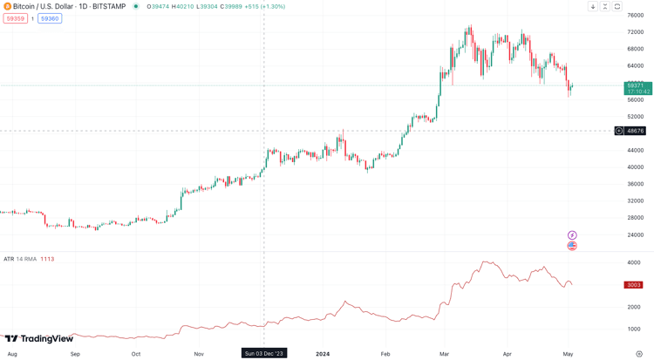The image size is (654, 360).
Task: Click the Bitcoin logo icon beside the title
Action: point(8,6)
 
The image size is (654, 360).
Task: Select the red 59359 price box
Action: point(15,18)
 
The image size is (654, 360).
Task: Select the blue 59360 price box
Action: point(50,18)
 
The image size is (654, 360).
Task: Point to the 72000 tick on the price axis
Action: point(635,32)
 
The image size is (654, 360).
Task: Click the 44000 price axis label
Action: point(635,150)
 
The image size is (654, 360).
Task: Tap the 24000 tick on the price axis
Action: point(635,234)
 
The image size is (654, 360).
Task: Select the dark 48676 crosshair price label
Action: point(635,131)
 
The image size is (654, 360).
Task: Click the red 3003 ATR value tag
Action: point(633,285)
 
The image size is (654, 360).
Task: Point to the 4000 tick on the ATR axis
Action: point(634,262)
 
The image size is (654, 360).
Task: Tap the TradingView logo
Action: point(39,339)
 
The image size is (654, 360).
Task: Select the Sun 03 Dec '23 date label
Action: point(264,354)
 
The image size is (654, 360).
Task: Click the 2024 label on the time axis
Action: point(323,354)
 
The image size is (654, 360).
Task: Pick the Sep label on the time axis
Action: point(75,354)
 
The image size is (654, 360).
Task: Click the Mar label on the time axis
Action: point(444,354)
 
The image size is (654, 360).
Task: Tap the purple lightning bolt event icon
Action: point(572,235)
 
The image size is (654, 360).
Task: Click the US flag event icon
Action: point(572,246)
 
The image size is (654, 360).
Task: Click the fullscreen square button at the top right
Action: point(617,6)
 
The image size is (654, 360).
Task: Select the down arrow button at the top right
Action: point(593,6)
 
